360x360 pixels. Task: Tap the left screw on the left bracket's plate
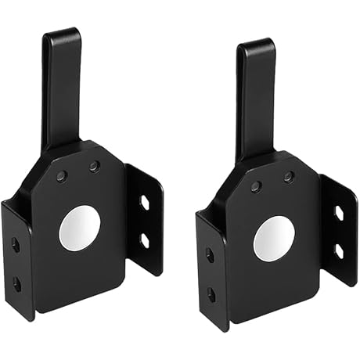62,177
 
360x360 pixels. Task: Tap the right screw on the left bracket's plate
94,167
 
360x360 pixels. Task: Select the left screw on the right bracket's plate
256,186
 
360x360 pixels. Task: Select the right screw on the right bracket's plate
289,177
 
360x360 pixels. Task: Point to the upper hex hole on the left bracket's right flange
145,203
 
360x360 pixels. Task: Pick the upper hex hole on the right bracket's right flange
338,214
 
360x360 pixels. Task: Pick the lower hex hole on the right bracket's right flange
338,250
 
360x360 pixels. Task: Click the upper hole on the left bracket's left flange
16,245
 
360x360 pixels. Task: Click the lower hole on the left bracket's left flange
16,283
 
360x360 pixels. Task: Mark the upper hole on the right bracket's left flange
210,255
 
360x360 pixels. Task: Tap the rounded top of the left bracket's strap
62,35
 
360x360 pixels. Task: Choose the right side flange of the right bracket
340,231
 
